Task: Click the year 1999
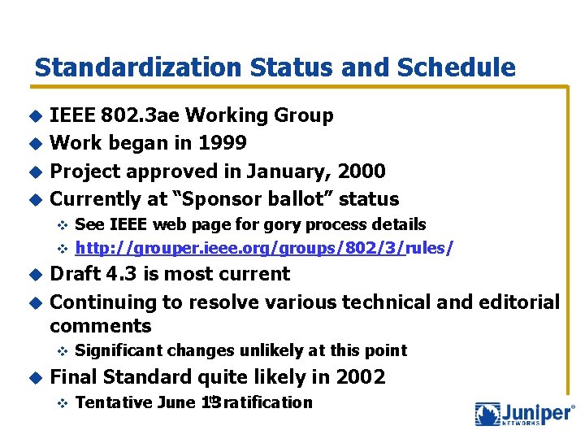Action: tap(223, 143)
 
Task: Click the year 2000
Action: tap(362, 171)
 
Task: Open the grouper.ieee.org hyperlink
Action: tap(240, 247)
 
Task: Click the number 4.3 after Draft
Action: tap(119, 274)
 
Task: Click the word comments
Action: tap(101, 327)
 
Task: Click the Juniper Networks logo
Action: tap(525, 414)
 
